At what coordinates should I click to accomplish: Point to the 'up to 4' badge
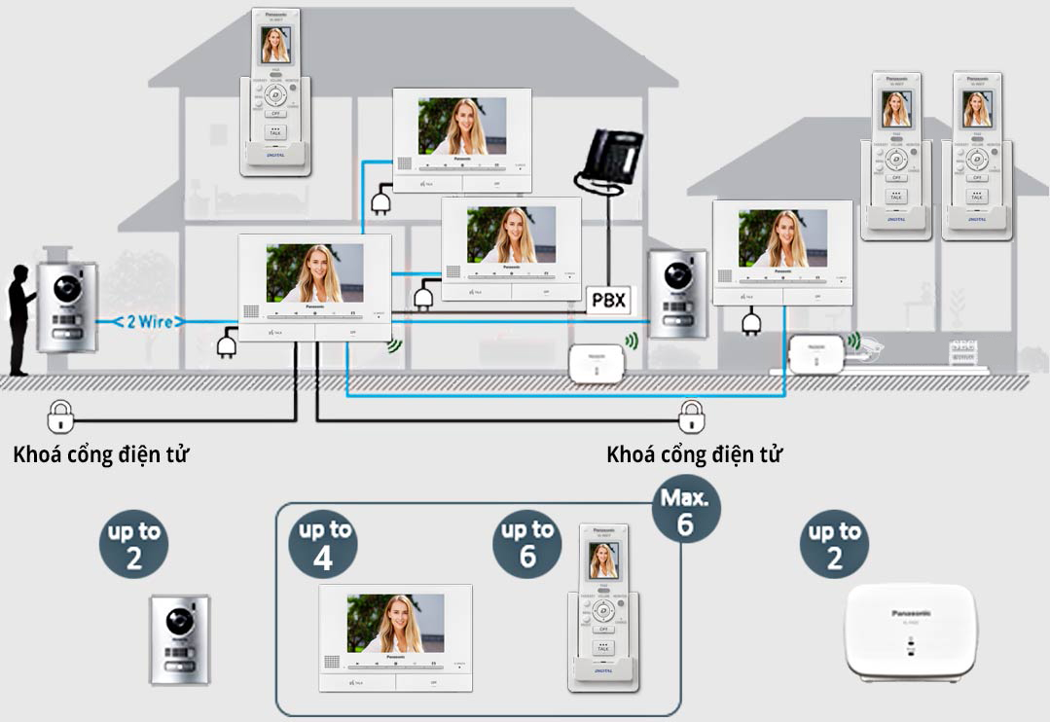click(325, 544)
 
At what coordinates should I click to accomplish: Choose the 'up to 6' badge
click(527, 544)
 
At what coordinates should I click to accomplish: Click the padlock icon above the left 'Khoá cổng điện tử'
click(59, 416)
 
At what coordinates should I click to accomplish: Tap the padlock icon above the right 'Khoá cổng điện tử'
click(692, 416)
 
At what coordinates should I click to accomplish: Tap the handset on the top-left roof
click(276, 92)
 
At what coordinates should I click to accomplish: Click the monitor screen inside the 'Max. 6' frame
click(396, 623)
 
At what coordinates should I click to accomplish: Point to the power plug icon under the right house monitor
click(749, 322)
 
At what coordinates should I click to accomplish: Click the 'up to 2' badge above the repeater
click(834, 544)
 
